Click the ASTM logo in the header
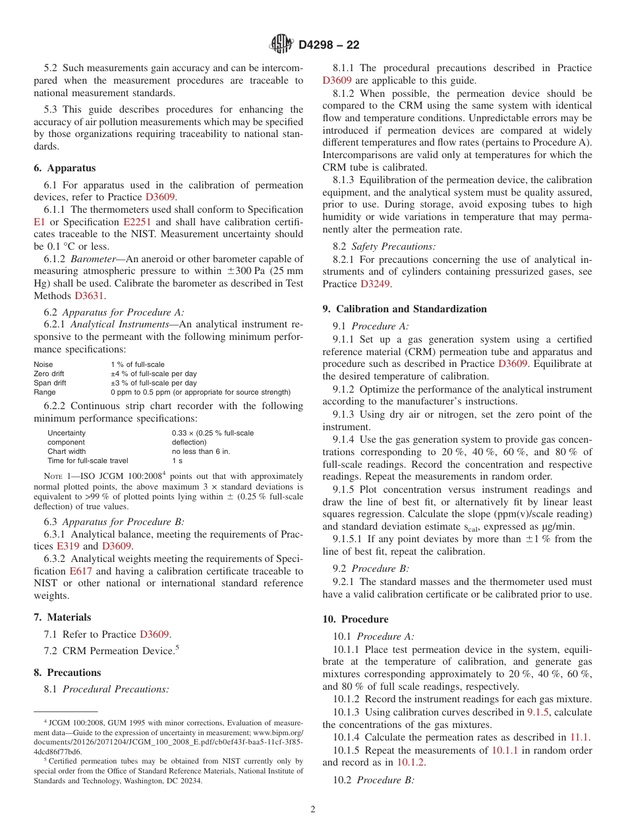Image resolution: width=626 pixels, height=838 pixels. tap(282, 45)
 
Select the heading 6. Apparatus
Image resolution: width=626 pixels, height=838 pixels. tap(65, 168)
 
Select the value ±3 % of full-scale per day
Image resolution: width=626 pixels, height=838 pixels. tap(153, 383)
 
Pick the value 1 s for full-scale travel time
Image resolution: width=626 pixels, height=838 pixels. tap(177, 461)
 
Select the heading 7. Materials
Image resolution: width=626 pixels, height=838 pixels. tap(63, 617)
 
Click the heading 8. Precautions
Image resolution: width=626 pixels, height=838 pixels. tap(67, 673)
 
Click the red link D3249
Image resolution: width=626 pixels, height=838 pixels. tap(376, 284)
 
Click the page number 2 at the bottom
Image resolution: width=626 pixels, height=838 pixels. tap(313, 810)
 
